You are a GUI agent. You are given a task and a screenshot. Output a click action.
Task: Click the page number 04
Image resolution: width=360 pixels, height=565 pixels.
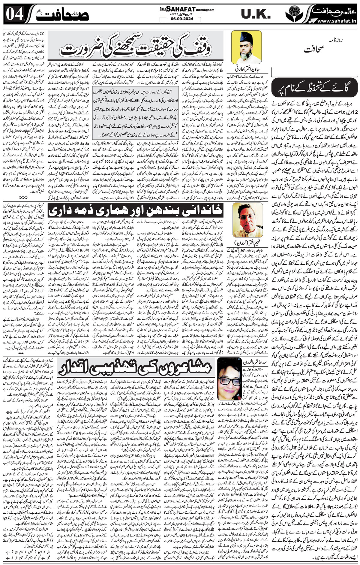coord(14,14)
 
